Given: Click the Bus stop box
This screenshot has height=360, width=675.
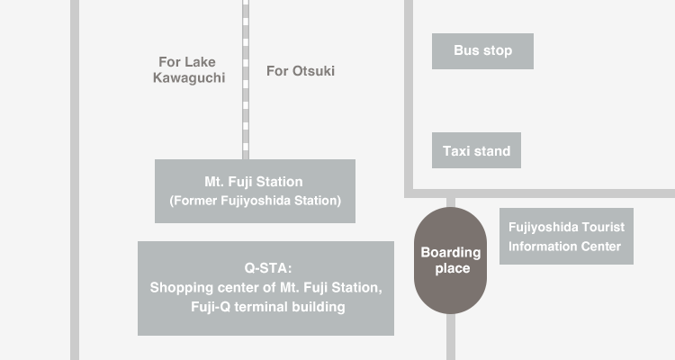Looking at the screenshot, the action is click(482, 51).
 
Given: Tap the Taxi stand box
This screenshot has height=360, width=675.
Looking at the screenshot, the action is click(476, 150).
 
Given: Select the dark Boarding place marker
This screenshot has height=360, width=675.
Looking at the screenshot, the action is click(450, 260).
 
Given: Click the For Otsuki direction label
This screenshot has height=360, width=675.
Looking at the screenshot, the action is click(301, 71).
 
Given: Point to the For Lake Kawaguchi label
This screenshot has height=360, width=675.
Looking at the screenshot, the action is click(189, 70).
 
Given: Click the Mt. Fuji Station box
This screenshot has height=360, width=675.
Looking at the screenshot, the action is click(255, 191).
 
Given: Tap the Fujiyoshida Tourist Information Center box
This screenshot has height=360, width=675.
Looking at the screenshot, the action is click(566, 237).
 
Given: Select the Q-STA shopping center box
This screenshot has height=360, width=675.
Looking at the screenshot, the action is click(265, 288).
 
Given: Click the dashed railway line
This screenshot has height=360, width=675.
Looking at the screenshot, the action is click(246, 80).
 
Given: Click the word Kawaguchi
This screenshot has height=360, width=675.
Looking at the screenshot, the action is click(189, 77).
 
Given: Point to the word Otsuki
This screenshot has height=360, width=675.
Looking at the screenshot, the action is click(313, 71).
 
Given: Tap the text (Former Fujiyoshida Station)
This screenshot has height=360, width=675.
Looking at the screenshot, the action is click(256, 201).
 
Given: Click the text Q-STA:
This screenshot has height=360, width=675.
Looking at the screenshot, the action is click(268, 268).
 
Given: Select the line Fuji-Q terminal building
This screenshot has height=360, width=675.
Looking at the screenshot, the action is click(268, 307).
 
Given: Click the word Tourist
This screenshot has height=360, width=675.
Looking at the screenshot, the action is click(603, 227).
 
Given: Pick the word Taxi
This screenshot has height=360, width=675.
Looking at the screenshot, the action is click(456, 151).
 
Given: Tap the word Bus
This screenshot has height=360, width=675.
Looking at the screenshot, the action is click(466, 50).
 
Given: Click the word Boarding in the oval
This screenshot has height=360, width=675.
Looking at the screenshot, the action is click(451, 252).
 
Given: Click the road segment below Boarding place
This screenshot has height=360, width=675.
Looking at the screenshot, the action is click(451, 337).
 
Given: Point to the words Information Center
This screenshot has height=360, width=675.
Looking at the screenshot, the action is click(564, 247).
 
